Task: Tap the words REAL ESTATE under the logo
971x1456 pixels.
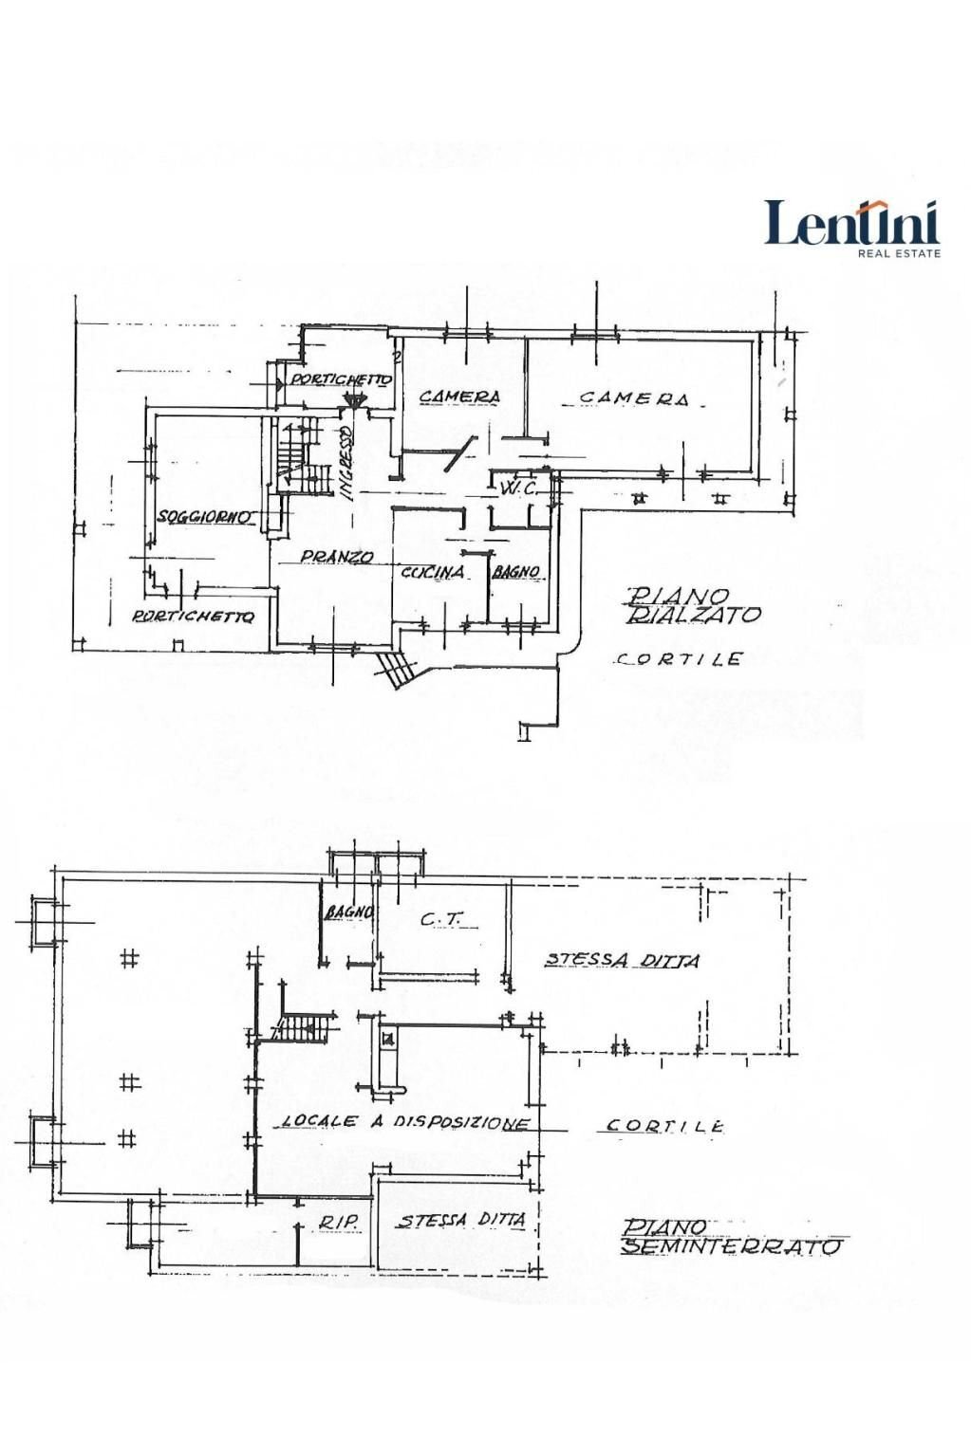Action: [899, 253]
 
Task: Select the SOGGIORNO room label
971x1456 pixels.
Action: [205, 517]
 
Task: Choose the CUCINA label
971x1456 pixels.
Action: [433, 572]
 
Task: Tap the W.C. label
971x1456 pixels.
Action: [518, 488]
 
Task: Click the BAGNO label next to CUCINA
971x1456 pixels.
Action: [515, 572]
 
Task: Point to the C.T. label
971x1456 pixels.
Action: [435, 919]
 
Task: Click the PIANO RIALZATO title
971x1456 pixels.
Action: [692, 605]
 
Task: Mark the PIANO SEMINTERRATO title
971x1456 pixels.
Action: [731, 1237]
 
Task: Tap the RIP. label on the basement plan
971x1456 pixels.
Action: [337, 1224]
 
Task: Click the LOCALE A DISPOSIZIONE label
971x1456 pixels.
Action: [404, 1122]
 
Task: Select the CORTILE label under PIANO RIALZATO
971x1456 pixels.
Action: [678, 658]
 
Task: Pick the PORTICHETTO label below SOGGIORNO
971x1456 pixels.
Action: [194, 617]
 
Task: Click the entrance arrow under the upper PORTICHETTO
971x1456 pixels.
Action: [353, 401]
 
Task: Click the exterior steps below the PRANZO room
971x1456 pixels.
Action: [396, 669]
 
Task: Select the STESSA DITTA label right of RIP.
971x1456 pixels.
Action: [461, 1221]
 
